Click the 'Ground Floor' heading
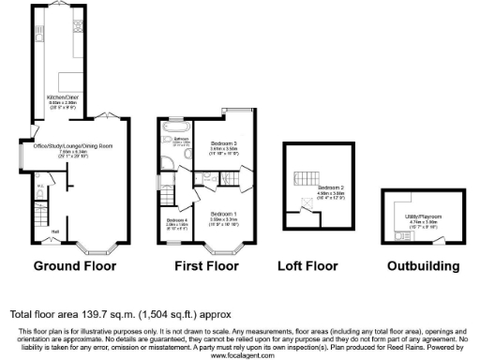[x=75, y=266]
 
